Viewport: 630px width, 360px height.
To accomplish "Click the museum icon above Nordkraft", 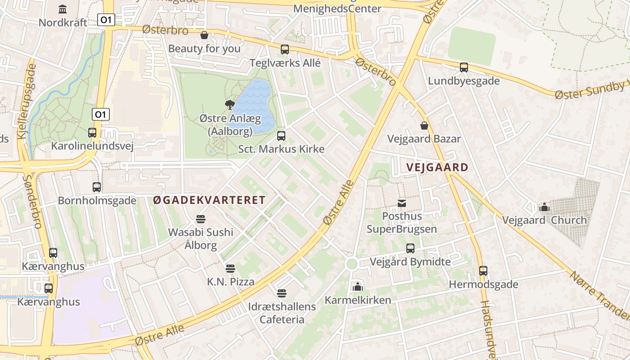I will (63, 9).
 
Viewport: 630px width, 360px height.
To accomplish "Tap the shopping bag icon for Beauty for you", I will (204, 35).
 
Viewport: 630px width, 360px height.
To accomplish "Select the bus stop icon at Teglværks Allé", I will (285, 49).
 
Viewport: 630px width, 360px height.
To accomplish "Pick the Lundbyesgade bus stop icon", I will (464, 67).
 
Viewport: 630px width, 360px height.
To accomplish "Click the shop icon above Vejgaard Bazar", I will (424, 125).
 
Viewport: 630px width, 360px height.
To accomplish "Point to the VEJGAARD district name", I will (437, 167).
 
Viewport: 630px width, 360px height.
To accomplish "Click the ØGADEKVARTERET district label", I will (209, 200).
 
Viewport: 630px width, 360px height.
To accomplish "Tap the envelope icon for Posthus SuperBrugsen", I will (402, 203).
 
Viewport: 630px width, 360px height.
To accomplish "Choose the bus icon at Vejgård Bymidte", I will (410, 248).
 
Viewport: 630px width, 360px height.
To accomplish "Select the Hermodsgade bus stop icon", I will (483, 271).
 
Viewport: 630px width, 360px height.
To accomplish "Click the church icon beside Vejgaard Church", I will (544, 207).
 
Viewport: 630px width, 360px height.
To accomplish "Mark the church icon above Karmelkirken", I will (358, 286).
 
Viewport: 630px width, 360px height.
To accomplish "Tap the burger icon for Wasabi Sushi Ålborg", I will (201, 219).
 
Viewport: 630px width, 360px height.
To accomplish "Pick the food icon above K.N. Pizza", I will (230, 269).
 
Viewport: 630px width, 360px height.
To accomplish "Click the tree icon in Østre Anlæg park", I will (229, 105).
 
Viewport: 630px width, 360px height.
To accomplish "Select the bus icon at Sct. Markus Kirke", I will (281, 135).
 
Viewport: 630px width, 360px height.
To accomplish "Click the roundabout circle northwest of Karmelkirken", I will (352, 264).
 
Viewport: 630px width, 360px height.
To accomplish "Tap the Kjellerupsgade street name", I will (26, 101).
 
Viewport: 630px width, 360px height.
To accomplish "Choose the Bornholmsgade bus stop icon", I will (97, 187).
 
